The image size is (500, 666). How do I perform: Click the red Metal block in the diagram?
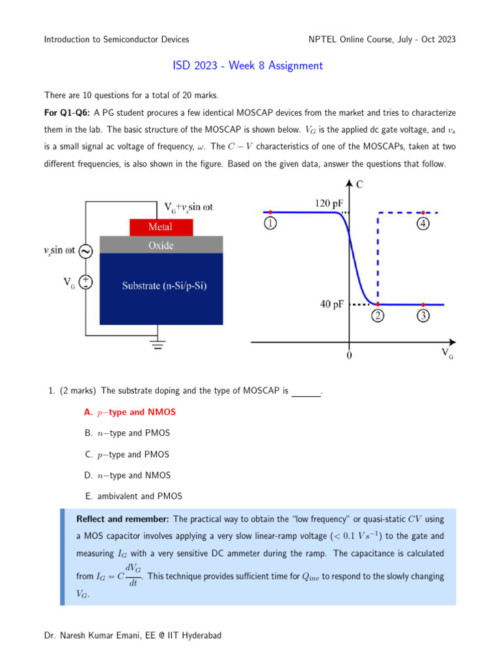click(x=161, y=227)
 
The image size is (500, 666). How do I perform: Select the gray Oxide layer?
click(x=161, y=245)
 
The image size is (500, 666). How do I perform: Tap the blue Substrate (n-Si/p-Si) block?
click(x=161, y=287)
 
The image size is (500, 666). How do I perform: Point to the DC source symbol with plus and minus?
click(x=85, y=282)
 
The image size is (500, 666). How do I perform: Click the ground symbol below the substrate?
click(x=157, y=344)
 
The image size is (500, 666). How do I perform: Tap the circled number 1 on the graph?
click(x=270, y=224)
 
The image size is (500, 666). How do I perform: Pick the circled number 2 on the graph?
click(x=378, y=317)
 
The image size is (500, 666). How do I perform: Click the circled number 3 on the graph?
click(x=423, y=317)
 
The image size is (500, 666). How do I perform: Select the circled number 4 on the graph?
click(x=423, y=224)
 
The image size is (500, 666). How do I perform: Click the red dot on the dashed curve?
click(x=423, y=213)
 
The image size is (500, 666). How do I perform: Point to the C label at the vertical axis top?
click(x=359, y=185)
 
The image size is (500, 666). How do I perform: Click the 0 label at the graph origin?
click(x=349, y=356)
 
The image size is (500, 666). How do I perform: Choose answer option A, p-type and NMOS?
click(x=130, y=412)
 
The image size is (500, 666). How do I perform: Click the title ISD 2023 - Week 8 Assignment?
click(x=247, y=66)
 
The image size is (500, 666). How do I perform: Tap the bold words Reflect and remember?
click(x=123, y=519)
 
